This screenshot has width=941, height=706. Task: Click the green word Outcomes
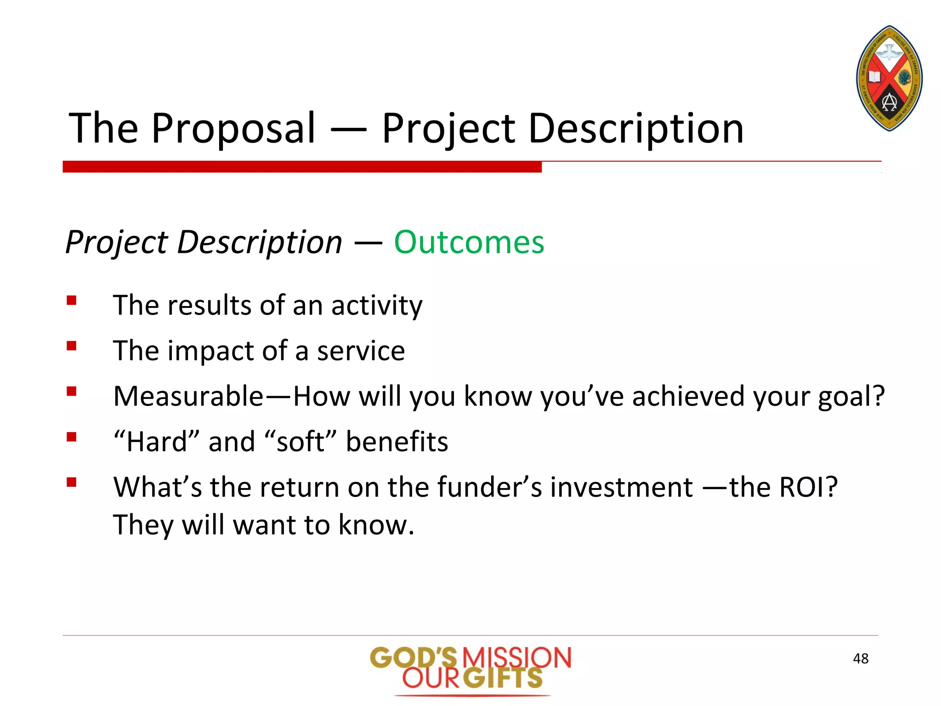coord(469,242)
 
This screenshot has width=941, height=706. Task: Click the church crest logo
coord(889,78)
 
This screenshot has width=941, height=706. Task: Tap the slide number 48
coord(860,659)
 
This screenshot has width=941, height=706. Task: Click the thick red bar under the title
coord(302,166)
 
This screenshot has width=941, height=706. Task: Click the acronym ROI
coord(806,487)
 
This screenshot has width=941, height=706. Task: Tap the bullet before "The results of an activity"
coord(71,301)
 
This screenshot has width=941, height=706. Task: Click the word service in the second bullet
coord(361,351)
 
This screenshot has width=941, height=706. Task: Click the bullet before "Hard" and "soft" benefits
coord(71,437)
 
